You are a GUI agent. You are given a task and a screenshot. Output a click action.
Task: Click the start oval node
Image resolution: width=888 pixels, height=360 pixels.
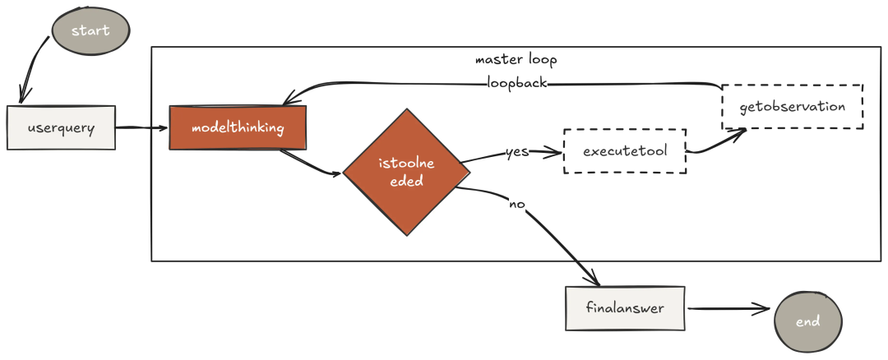90,30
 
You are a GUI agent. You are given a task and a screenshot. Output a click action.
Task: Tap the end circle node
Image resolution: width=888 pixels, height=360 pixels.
808,321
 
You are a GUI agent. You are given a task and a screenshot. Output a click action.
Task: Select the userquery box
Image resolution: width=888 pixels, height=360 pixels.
61,127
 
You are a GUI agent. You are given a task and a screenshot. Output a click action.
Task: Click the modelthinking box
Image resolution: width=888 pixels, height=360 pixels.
238,127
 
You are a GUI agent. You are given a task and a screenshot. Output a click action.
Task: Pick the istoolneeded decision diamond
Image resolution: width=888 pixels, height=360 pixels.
407,172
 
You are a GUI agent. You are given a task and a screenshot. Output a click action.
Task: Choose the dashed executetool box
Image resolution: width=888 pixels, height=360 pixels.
625,151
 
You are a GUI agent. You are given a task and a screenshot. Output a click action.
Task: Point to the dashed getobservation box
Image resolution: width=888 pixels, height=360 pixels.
793,107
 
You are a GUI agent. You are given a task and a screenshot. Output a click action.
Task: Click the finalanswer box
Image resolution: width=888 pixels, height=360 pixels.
625,308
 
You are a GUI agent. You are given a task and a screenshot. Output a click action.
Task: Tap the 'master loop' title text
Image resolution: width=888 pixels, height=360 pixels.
516,59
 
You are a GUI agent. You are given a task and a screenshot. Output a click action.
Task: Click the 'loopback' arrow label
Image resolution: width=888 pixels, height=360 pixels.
517,83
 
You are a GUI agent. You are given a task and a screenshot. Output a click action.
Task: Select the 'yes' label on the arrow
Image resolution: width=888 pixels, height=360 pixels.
517,152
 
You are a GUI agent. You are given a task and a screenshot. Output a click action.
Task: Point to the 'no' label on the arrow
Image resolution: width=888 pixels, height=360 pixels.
517,205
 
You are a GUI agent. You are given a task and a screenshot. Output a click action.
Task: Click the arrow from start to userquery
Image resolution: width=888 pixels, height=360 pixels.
31,68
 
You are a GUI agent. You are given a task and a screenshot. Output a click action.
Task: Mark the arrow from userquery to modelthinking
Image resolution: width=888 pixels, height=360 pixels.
142,127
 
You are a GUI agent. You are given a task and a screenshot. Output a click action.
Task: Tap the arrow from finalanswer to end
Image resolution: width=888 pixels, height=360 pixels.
728,308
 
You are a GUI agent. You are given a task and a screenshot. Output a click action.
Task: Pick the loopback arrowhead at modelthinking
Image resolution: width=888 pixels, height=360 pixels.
290,99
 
